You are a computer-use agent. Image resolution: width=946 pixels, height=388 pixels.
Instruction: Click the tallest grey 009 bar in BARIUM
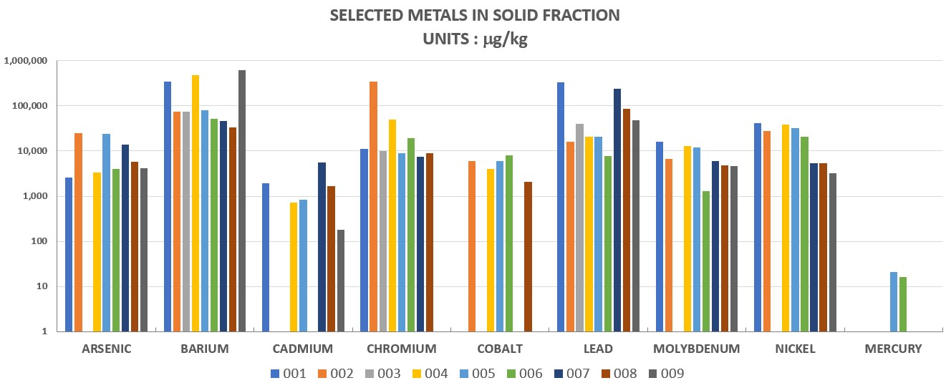click(242, 200)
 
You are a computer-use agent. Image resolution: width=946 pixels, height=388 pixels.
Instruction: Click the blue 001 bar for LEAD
click(561, 207)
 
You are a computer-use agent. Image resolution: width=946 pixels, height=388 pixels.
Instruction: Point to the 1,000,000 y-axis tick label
click(26, 61)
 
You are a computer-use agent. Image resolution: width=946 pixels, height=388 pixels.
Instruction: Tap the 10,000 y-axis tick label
click(31, 151)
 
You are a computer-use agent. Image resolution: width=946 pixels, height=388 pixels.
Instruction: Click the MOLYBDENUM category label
click(696, 349)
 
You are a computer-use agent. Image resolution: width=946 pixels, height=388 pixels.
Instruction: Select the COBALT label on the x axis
click(500, 349)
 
